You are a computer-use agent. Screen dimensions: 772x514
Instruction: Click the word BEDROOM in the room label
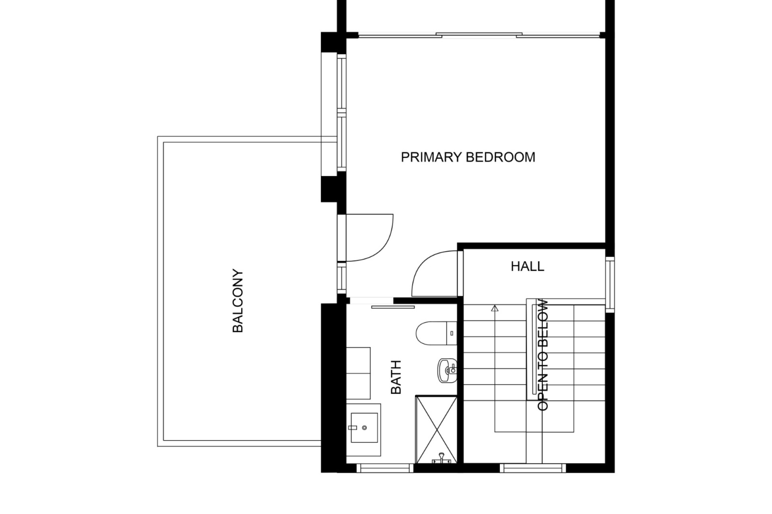click(500, 157)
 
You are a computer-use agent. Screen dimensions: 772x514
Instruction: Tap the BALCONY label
click(238, 301)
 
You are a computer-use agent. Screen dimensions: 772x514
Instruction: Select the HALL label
click(528, 266)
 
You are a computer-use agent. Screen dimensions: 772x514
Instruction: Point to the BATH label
click(396, 377)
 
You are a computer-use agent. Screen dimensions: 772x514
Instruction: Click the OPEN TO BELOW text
click(543, 355)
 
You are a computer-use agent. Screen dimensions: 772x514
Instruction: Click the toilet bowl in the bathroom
click(431, 333)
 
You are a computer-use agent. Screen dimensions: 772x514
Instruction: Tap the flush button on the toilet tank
click(452, 333)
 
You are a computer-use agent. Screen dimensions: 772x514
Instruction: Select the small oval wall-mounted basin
click(447, 370)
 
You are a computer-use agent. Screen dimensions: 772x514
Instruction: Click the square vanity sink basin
click(364, 428)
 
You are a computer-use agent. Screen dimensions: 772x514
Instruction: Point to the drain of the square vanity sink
click(364, 428)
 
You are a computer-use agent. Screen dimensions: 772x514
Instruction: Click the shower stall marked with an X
click(436, 429)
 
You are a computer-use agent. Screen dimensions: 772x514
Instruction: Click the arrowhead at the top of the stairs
click(495, 308)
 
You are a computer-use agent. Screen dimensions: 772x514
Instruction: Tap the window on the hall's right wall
click(610, 284)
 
